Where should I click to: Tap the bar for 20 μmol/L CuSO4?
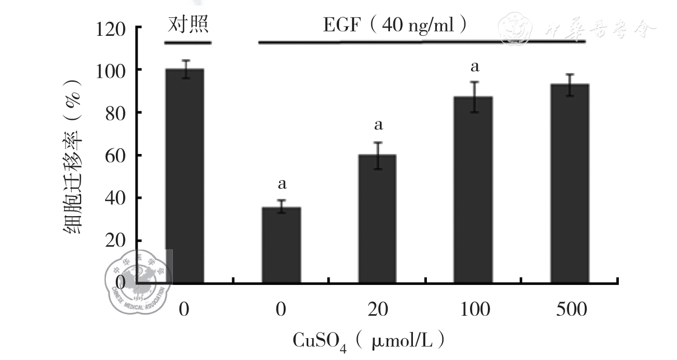377,218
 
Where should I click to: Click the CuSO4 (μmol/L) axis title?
370,340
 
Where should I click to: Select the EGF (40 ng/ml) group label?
395,25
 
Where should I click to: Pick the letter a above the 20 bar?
378,124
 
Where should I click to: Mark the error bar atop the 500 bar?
570,85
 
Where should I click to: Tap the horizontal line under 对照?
188,43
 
